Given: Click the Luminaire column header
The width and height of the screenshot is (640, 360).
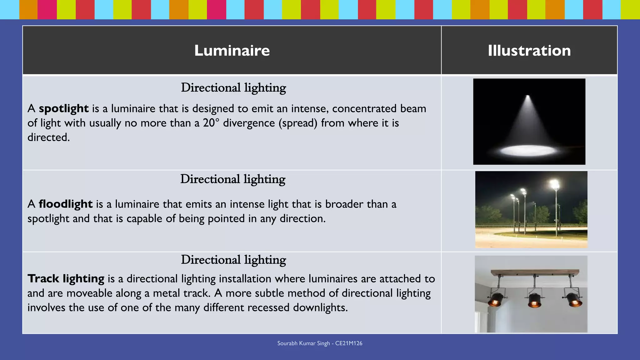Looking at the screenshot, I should coord(232,51).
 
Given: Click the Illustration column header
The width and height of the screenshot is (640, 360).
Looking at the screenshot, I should coord(529,51).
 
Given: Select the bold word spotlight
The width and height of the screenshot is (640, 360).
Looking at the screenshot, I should coord(64,109).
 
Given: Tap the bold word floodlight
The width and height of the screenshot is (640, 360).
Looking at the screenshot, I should coord(66,204).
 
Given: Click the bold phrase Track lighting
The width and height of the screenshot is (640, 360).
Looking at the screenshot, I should coord(66,278).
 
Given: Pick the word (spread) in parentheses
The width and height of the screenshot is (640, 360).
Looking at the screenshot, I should coord(298,123).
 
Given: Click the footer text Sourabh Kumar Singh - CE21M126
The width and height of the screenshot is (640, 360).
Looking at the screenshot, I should coord(320,343).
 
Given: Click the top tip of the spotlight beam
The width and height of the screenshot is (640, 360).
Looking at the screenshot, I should coord(528,96).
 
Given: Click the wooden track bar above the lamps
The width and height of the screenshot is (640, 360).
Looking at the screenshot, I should coord(535,272).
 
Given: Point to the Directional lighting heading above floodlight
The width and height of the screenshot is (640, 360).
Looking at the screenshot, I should coord(233,179).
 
